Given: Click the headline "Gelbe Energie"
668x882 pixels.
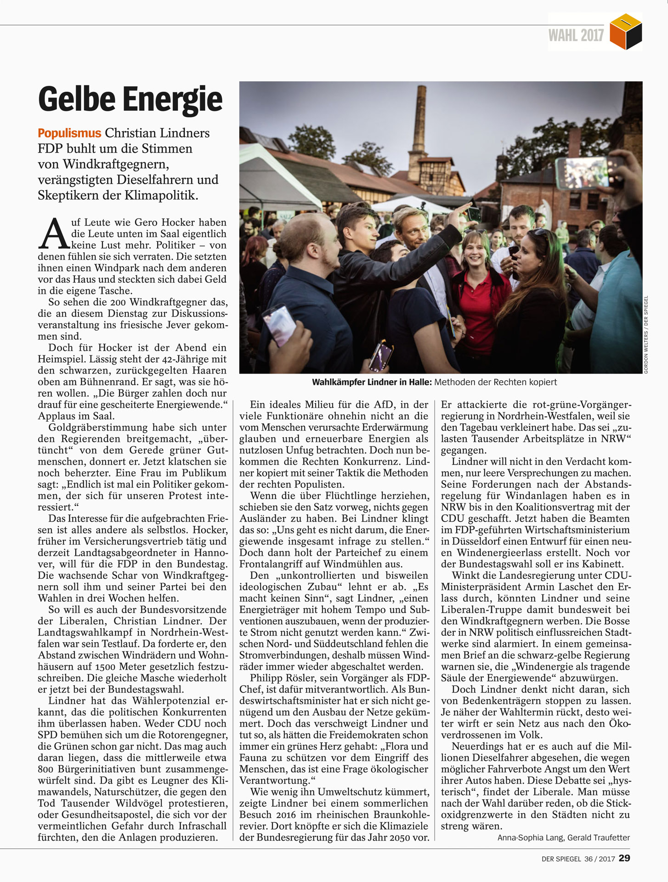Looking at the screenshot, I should (x=130, y=99).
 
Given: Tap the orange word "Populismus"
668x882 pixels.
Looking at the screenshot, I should (x=69, y=133).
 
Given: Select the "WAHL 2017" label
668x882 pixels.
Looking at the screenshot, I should (x=576, y=35).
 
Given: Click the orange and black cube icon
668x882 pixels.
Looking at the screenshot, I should (x=626, y=32).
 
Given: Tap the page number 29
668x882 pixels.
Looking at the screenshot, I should (x=624, y=858).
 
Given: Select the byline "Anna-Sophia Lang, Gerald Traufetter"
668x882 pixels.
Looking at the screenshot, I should (x=563, y=837).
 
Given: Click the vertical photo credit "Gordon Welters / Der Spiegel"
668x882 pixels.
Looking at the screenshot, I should (x=645, y=334).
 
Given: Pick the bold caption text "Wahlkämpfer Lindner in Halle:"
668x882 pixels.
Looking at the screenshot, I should (x=372, y=382).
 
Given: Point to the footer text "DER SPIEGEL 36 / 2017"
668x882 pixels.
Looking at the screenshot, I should (x=578, y=859).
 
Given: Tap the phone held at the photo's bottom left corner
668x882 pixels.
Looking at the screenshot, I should (x=279, y=324).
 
